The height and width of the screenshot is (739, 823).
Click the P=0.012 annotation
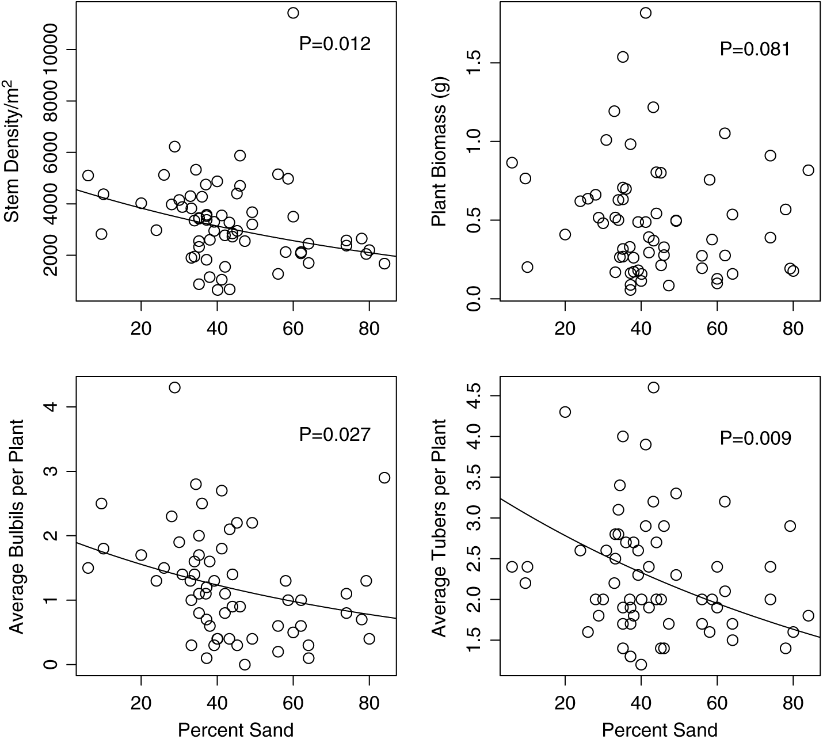click(334, 44)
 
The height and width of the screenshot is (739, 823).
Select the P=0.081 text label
click(755, 49)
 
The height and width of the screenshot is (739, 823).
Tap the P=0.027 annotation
click(334, 435)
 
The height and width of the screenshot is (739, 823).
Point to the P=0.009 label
click(755, 439)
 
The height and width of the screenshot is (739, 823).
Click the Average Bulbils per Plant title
click(16, 527)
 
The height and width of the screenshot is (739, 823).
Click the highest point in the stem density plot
click(293, 13)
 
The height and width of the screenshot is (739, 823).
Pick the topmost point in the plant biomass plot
click(646, 13)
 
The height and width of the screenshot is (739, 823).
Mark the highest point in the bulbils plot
click(174, 387)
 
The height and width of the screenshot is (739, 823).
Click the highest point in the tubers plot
click(653, 387)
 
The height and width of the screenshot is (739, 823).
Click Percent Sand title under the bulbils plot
click(235, 729)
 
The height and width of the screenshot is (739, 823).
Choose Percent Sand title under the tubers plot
click(660, 729)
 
